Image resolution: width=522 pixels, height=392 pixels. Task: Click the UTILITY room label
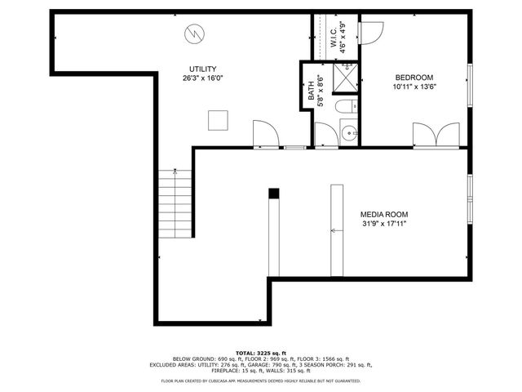[x=203, y=69]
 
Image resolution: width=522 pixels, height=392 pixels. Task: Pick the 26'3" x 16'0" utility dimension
[x=203, y=78]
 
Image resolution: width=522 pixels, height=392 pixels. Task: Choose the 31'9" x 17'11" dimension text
[x=383, y=222]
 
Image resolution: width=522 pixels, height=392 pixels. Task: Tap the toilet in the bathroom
[x=346, y=106]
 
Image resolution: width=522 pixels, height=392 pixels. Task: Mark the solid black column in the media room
[x=274, y=194]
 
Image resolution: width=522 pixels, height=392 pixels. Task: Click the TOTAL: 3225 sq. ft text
[x=260, y=351]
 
